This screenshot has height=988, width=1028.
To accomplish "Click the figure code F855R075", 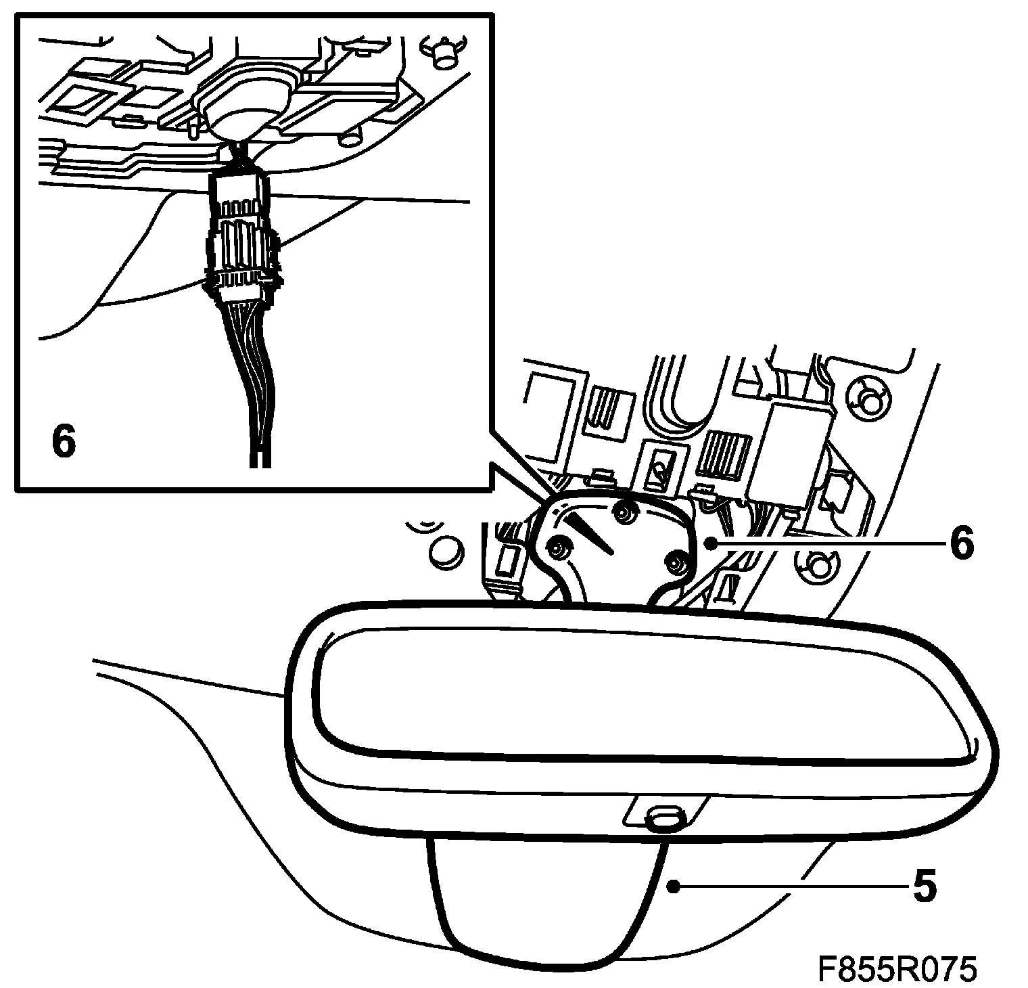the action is coord(897,968).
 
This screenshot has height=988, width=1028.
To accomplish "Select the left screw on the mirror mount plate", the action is coord(559,547).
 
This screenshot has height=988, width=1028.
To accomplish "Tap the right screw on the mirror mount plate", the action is coord(677,561).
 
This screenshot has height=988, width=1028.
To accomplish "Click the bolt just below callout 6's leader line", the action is coord(816,563).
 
